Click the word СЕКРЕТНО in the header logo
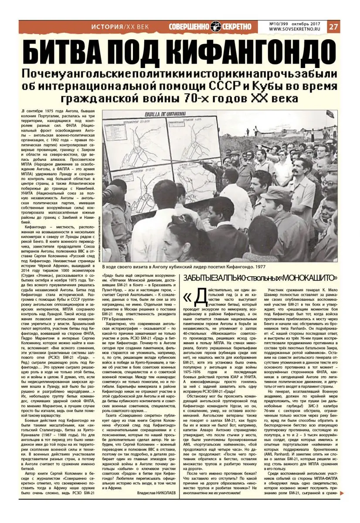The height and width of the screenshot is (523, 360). pyautogui.click(x=238, y=27)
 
